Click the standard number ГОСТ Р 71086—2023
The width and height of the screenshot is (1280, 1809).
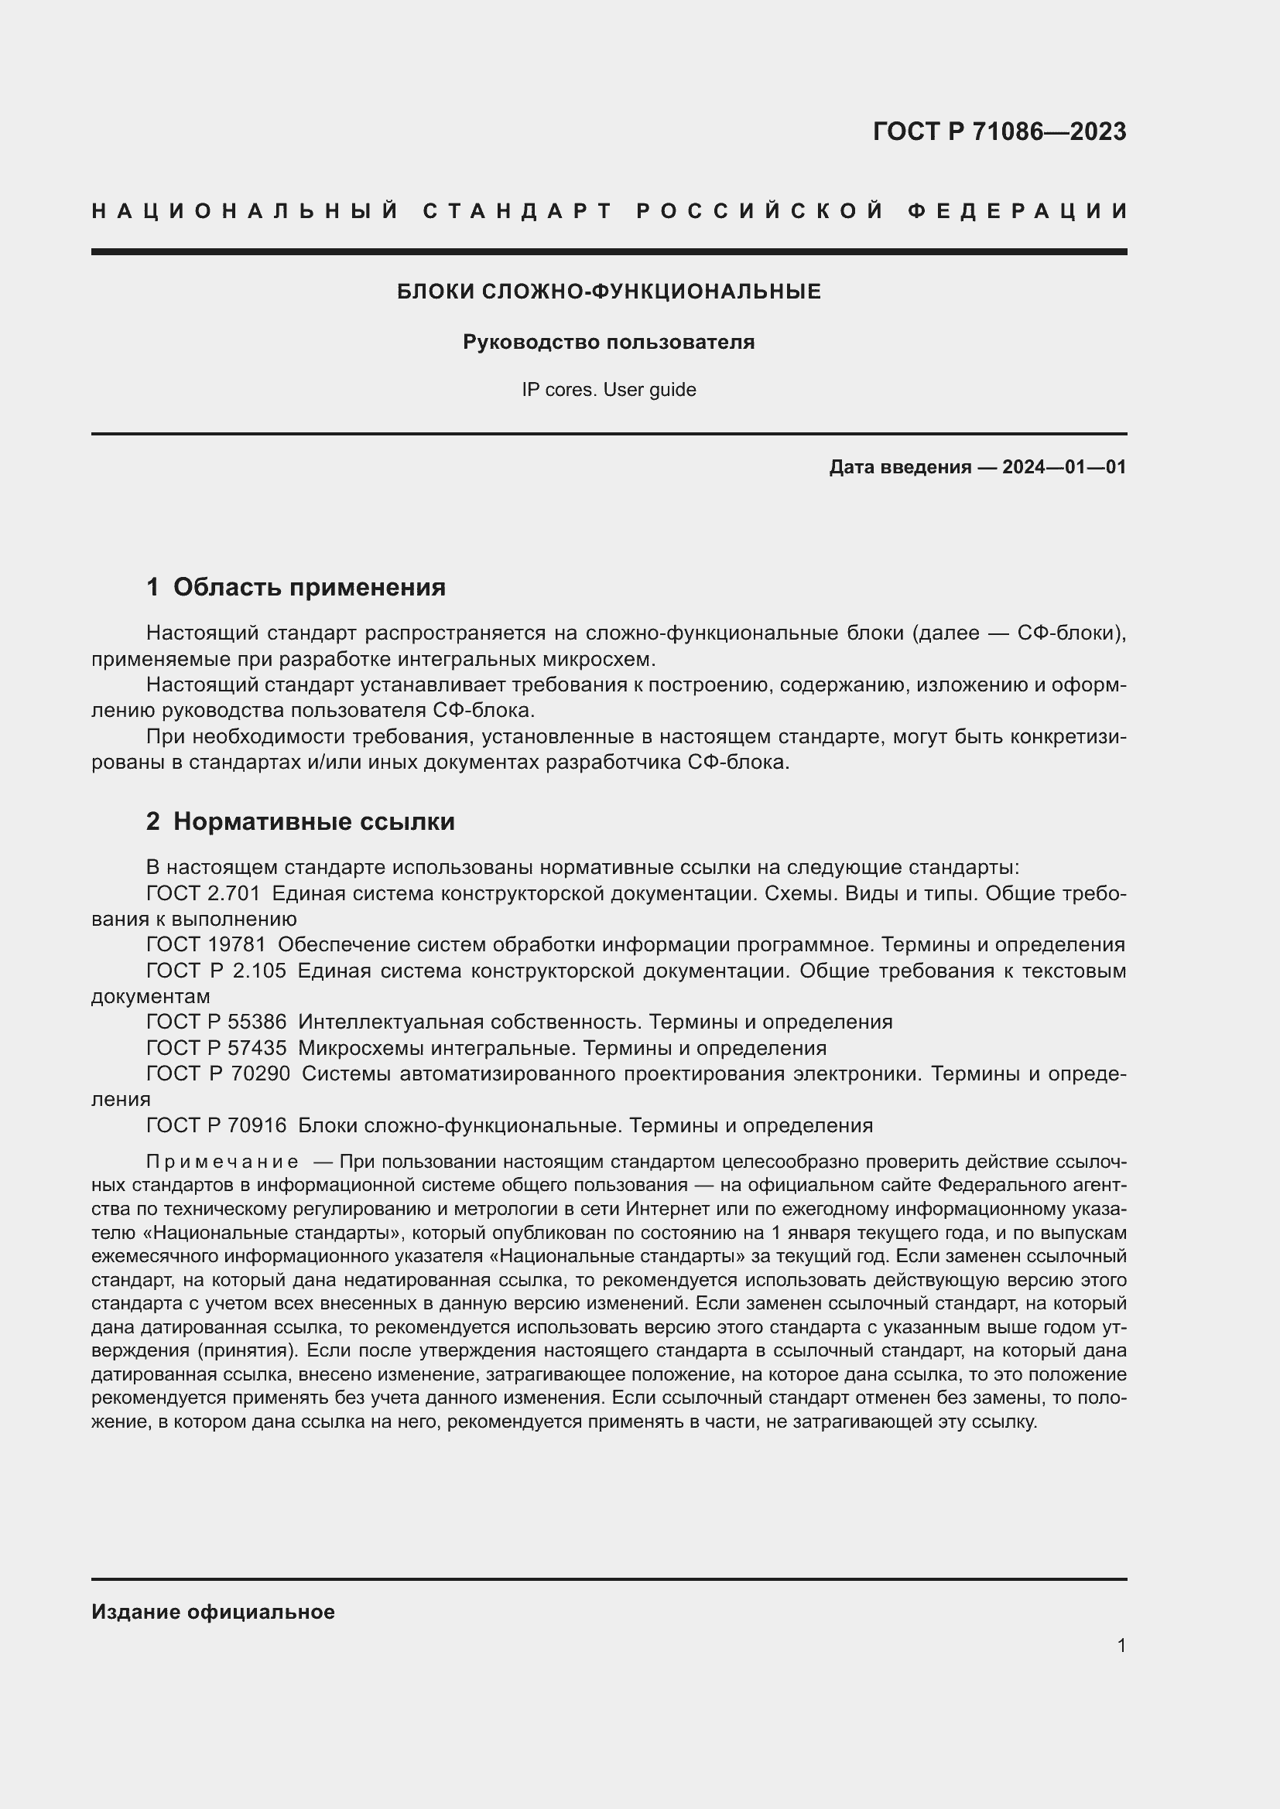pyautogui.click(x=998, y=131)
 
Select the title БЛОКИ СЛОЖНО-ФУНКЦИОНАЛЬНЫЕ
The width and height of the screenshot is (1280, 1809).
pyautogui.click(x=608, y=292)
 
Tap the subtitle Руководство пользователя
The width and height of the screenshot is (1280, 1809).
pyautogui.click(x=608, y=342)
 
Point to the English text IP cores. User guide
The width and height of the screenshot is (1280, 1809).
pyautogui.click(x=608, y=389)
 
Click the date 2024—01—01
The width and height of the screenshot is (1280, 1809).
pyautogui.click(x=1063, y=467)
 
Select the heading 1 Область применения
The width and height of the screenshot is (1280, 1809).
pyautogui.click(x=296, y=587)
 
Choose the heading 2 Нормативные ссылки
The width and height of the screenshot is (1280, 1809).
pyautogui.click(x=300, y=822)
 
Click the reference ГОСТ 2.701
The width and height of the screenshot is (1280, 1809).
pyautogui.click(x=203, y=893)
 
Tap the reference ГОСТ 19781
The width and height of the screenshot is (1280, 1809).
pyautogui.click(x=206, y=944)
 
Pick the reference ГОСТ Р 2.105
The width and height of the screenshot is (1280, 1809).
pyautogui.click(x=216, y=971)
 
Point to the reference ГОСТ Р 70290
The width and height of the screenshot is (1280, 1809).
pyautogui.click(x=217, y=1074)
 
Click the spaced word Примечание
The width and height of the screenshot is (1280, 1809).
pyautogui.click(x=222, y=1162)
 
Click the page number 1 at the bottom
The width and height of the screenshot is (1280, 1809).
pyautogui.click(x=1121, y=1645)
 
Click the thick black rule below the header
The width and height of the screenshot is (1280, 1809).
pyautogui.click(x=608, y=252)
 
